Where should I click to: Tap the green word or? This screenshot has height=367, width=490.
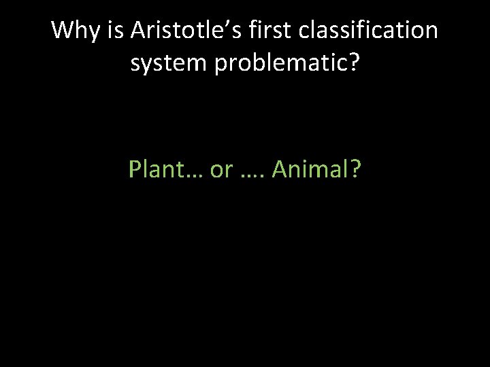tap(221, 170)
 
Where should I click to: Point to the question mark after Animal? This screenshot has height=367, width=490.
tap(356, 170)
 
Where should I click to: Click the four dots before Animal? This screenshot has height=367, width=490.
tap(253, 177)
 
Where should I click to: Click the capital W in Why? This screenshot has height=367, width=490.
tap(63, 31)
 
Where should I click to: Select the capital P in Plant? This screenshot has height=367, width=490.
tap(134, 170)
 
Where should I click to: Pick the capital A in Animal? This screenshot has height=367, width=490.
tap(279, 170)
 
